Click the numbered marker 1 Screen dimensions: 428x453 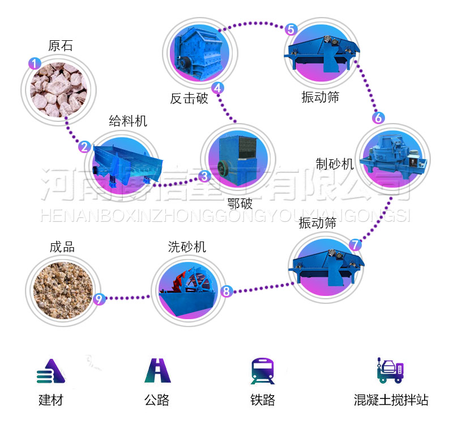click(35, 63)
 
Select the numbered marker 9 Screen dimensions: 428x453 click(99, 299)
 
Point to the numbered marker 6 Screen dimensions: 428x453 click(378, 118)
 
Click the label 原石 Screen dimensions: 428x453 click(61, 46)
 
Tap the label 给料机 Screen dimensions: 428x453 click(128, 120)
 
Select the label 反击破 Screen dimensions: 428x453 click(189, 98)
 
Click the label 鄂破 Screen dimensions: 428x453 click(240, 203)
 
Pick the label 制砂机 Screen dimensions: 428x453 click(334, 164)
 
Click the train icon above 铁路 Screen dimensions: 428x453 click(262, 371)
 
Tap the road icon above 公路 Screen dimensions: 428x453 click(157, 371)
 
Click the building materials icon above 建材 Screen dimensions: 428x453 click(50, 371)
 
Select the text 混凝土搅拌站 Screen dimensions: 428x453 click(391, 400)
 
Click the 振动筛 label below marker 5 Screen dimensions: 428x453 click(320, 97)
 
